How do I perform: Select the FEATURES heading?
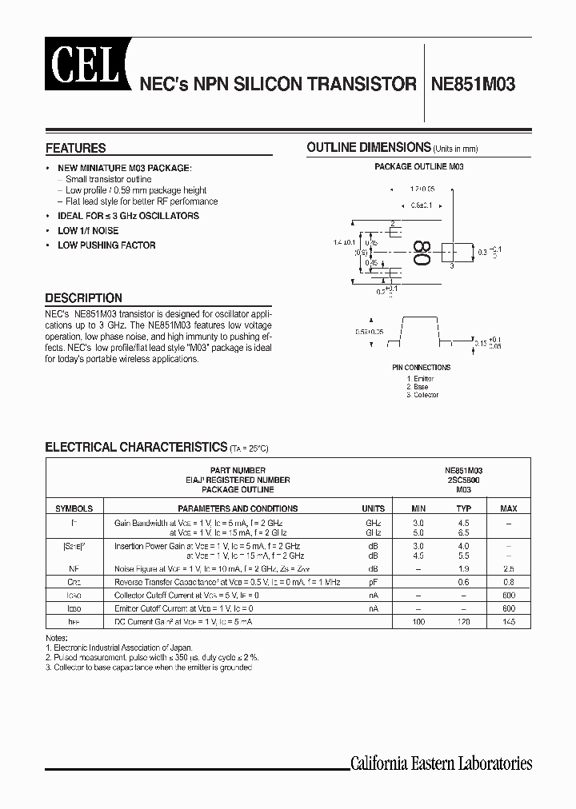tap(75, 148)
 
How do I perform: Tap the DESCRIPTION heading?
tap(83, 297)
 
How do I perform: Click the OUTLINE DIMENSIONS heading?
tap(369, 147)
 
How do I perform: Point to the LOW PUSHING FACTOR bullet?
tap(106, 245)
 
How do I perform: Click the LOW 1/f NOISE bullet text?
tap(88, 231)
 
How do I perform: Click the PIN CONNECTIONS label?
tap(422, 368)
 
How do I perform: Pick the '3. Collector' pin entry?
tap(422, 395)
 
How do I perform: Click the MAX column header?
tap(508, 508)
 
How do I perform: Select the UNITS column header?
tap(373, 508)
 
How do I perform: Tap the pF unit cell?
tap(373, 582)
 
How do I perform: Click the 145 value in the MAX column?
tap(508, 621)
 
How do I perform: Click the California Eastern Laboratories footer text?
tap(441, 763)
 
